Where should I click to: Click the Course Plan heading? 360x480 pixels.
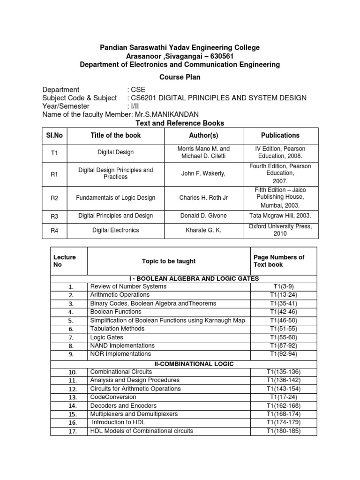[x=180, y=77]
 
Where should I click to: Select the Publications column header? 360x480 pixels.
[x=280, y=135]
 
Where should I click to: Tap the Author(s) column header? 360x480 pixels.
[x=203, y=135]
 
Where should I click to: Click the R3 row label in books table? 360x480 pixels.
[x=54, y=216]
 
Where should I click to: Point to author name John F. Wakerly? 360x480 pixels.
[x=203, y=173]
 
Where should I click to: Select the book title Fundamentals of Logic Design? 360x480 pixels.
[x=115, y=198]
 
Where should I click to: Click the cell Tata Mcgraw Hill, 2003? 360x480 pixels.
[x=280, y=216]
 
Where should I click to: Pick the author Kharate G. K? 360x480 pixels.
[x=203, y=230]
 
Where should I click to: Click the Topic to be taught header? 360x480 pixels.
[x=169, y=261]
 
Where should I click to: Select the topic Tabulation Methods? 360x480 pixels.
[x=117, y=329]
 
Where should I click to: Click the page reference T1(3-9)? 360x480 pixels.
[x=283, y=286]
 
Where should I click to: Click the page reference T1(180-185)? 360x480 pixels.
[x=283, y=431]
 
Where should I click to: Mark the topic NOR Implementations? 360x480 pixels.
[x=120, y=354]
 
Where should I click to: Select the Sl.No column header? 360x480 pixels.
[x=54, y=135]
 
